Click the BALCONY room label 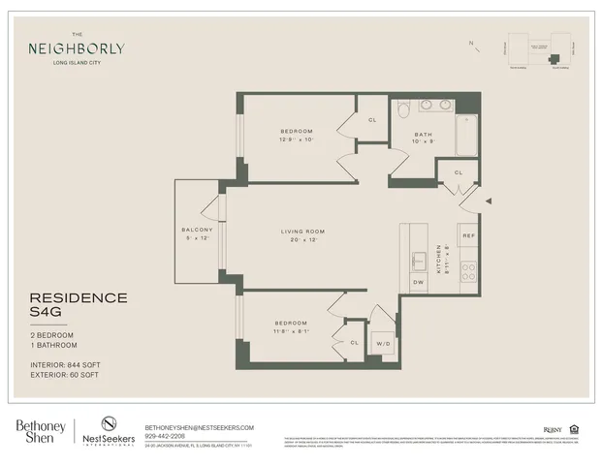point(197,229)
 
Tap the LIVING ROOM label point(302,232)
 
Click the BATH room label point(424,134)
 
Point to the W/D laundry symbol point(384,343)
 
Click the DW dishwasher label point(419,282)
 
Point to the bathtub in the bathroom point(467,136)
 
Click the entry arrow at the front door point(489,201)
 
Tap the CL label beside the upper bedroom point(372,120)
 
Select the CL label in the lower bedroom point(354,342)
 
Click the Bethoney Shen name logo point(41,430)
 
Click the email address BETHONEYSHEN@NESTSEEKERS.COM point(199,427)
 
